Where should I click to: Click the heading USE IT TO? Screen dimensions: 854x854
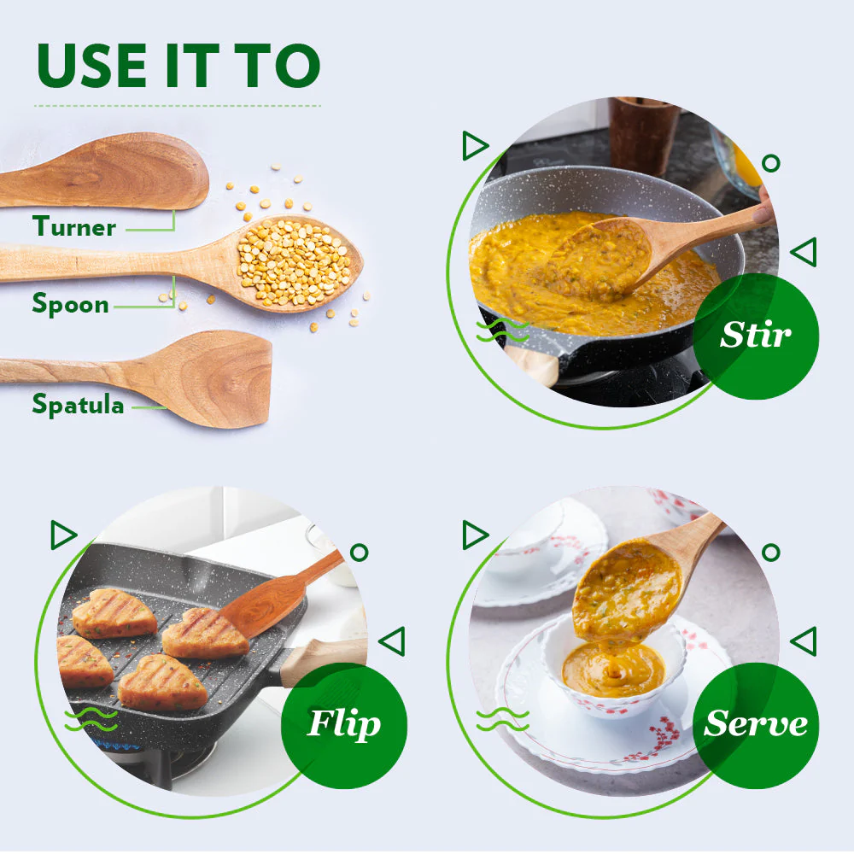[x=178, y=66]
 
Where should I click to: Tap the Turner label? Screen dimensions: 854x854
[x=74, y=227]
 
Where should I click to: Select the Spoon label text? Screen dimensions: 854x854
[x=71, y=304]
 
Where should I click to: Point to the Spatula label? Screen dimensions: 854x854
[x=78, y=404]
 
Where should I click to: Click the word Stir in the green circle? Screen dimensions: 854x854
[x=755, y=335]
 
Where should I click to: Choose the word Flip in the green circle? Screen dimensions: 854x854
[x=343, y=723]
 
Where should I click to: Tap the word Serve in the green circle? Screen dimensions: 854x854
[x=755, y=723]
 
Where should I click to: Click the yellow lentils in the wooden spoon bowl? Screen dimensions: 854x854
[x=295, y=260]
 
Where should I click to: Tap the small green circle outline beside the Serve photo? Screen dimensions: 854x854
[x=770, y=552]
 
